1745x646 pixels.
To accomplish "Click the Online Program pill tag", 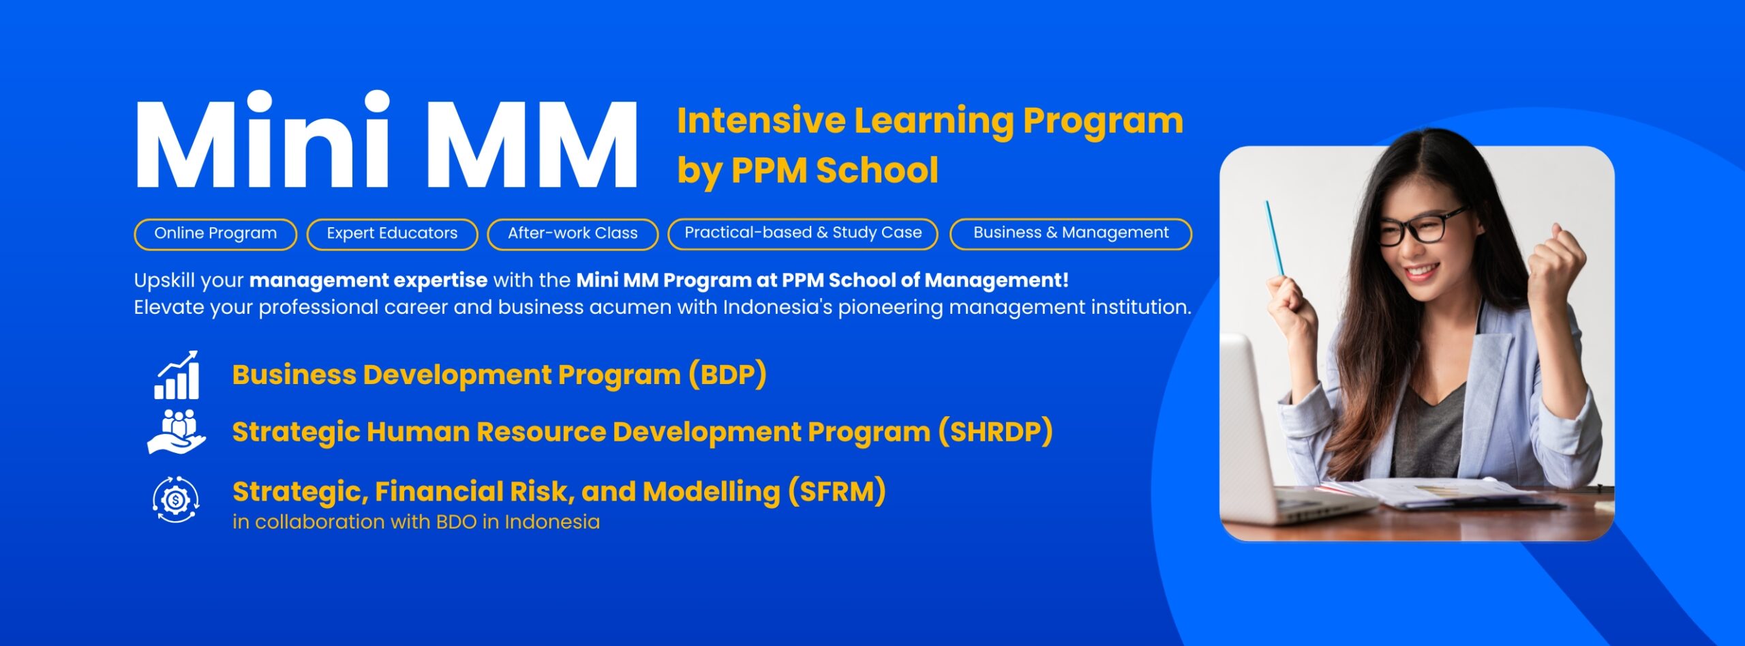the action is [x=215, y=234].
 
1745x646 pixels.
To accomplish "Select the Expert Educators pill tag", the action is [x=392, y=234].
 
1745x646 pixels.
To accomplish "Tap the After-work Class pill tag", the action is [x=573, y=234].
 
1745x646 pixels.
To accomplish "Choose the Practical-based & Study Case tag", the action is [x=803, y=233].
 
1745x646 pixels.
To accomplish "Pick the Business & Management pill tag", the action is [x=1071, y=233].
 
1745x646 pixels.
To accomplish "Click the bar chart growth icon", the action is [x=177, y=375].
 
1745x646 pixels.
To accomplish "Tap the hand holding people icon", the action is [x=177, y=432].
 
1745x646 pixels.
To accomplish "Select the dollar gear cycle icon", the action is [x=176, y=500].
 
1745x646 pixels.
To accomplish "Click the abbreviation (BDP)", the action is [x=727, y=375].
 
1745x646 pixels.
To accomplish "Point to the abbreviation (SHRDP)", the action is [x=995, y=432].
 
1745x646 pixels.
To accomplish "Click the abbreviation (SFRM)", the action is [x=837, y=491].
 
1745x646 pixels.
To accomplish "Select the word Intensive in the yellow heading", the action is [x=761, y=121].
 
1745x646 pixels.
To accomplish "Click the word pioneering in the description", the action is [x=890, y=308].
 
